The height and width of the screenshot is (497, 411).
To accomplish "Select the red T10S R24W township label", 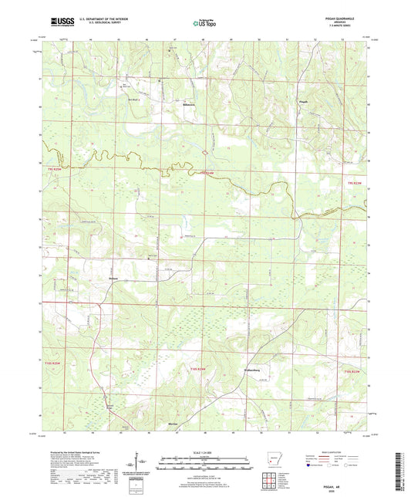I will pyautogui.click(x=199, y=370).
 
